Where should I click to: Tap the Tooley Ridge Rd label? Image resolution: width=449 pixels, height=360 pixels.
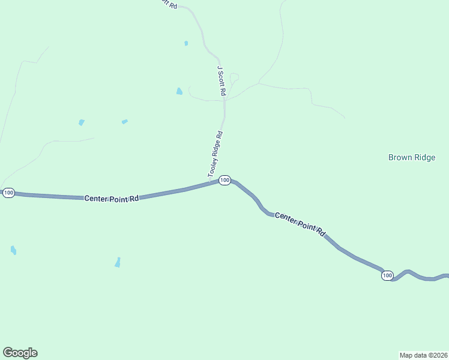pyautogui.click(x=215, y=154)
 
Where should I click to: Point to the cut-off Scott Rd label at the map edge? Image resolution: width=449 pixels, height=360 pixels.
pyautogui.click(x=169, y=3)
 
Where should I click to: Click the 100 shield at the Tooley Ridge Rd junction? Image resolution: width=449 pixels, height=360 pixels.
pyautogui.click(x=224, y=180)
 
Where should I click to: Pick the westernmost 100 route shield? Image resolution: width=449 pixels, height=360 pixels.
pyautogui.click(x=8, y=193)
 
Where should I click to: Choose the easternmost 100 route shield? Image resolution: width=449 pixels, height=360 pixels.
pyautogui.click(x=387, y=275)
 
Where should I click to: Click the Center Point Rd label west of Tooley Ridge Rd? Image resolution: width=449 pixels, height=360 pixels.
pyautogui.click(x=112, y=198)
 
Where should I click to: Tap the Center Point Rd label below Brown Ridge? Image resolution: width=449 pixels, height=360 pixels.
pyautogui.click(x=300, y=224)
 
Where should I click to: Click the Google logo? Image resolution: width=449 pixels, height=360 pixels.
pyautogui.click(x=20, y=353)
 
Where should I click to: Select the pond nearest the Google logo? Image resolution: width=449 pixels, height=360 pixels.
pyautogui.click(x=13, y=250)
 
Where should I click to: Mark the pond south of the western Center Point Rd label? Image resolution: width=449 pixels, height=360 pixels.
pyautogui.click(x=118, y=262)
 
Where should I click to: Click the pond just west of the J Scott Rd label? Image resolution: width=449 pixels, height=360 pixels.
pyautogui.click(x=179, y=91)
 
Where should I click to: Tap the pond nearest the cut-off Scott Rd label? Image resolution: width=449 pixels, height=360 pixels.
pyautogui.click(x=186, y=43)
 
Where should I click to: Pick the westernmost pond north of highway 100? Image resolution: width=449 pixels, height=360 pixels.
pyautogui.click(x=81, y=122)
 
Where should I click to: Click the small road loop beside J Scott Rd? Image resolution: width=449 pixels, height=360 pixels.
pyautogui.click(x=234, y=77)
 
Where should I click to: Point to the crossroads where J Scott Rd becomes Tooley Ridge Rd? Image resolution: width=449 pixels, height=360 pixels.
pyautogui.click(x=224, y=100)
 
